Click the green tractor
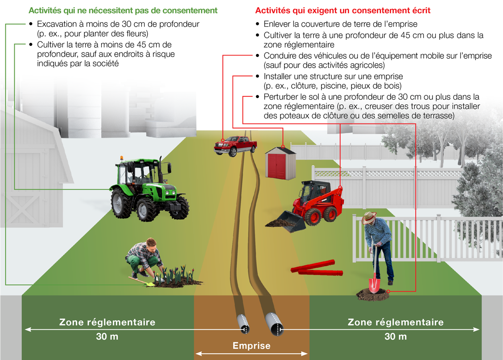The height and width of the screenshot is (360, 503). pos(149,189)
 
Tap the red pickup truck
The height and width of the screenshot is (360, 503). pos(235,146)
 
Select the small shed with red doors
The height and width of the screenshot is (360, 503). pos(280,164)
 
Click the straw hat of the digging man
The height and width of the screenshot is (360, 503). pos(369,217)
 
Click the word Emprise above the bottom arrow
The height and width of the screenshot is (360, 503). pos(251,346)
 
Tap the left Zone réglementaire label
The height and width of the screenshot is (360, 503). pos(107,322)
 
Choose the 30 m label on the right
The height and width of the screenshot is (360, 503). pos(396,336)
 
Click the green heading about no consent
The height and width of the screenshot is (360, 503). pos(123,11)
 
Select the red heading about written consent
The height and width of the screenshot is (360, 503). pos(343,11)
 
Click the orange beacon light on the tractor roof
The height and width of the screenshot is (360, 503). pos(122,158)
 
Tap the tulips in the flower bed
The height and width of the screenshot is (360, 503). pos(175,274)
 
